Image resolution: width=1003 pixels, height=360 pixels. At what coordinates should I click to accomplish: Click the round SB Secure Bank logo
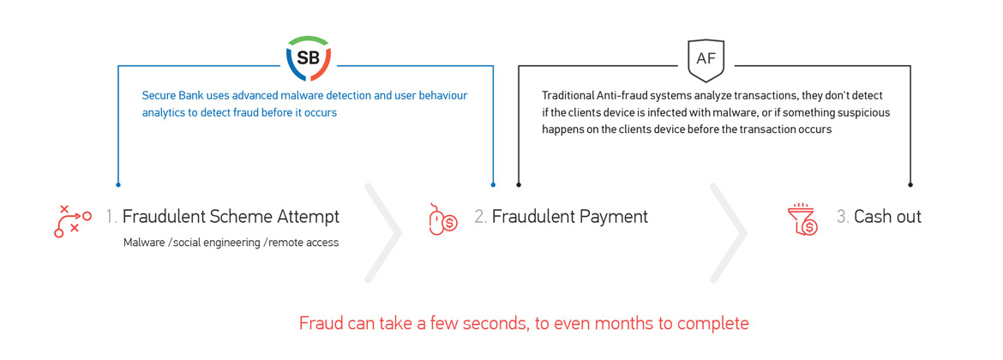tap(309, 59)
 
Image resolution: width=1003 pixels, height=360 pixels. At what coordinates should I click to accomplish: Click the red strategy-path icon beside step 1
tap(73, 221)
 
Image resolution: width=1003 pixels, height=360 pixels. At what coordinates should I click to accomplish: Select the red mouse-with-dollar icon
tap(442, 219)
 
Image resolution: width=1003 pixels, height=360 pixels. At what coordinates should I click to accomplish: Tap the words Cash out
tap(888, 217)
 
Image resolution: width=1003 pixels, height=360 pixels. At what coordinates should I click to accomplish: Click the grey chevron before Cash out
tap(729, 233)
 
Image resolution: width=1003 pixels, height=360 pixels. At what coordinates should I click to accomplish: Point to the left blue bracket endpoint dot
tap(118, 185)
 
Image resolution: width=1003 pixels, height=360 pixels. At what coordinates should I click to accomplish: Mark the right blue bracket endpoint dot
tap(493, 185)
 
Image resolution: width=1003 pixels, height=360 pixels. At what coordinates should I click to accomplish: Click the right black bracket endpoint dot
tap(910, 185)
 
